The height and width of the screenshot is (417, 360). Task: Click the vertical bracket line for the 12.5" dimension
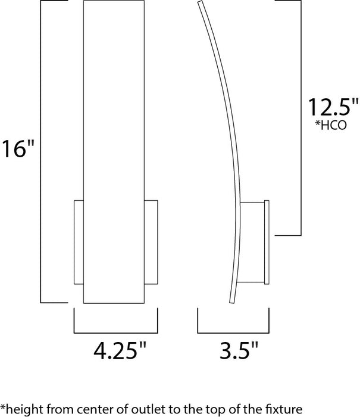pos(305,116)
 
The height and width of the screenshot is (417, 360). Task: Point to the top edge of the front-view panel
pos(115,2)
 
